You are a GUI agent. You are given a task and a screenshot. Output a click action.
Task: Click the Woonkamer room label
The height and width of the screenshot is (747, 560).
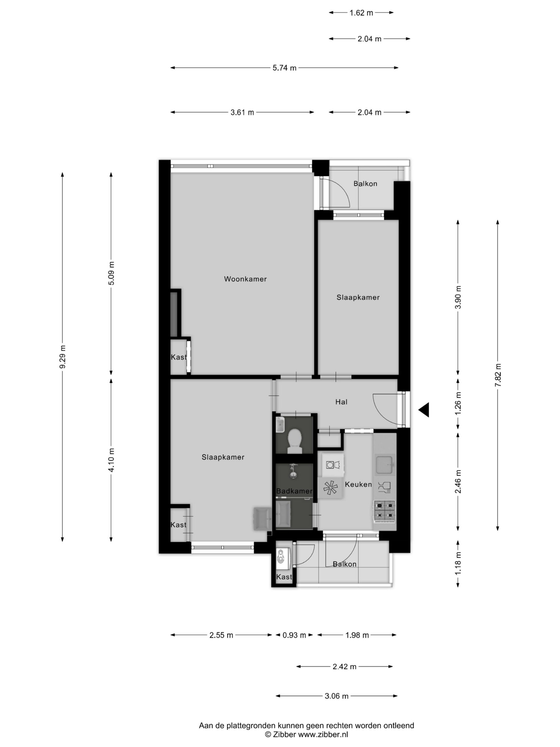(x=245, y=279)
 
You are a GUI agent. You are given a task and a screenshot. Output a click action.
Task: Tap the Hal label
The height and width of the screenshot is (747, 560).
(x=341, y=402)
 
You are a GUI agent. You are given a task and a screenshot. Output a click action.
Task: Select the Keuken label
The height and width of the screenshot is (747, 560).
(x=358, y=484)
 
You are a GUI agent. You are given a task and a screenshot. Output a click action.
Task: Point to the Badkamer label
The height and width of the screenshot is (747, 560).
(x=294, y=491)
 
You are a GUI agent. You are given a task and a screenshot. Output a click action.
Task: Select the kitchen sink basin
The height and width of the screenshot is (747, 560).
(x=384, y=464)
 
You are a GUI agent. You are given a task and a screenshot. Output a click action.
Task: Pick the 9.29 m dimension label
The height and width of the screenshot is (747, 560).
(x=62, y=357)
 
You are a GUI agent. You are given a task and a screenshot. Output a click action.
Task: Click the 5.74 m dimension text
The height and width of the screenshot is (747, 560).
(x=285, y=68)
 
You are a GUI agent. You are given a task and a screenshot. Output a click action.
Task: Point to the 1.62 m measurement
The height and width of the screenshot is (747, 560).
(x=361, y=13)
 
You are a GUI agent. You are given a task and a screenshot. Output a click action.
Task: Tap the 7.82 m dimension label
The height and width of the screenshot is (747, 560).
(x=498, y=375)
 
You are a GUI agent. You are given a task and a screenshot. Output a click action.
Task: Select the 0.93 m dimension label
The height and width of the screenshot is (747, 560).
(x=294, y=635)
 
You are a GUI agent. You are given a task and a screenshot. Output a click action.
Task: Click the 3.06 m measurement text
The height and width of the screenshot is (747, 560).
(x=337, y=696)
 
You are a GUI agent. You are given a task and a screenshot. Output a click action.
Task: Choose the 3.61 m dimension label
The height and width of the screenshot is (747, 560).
(x=242, y=112)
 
